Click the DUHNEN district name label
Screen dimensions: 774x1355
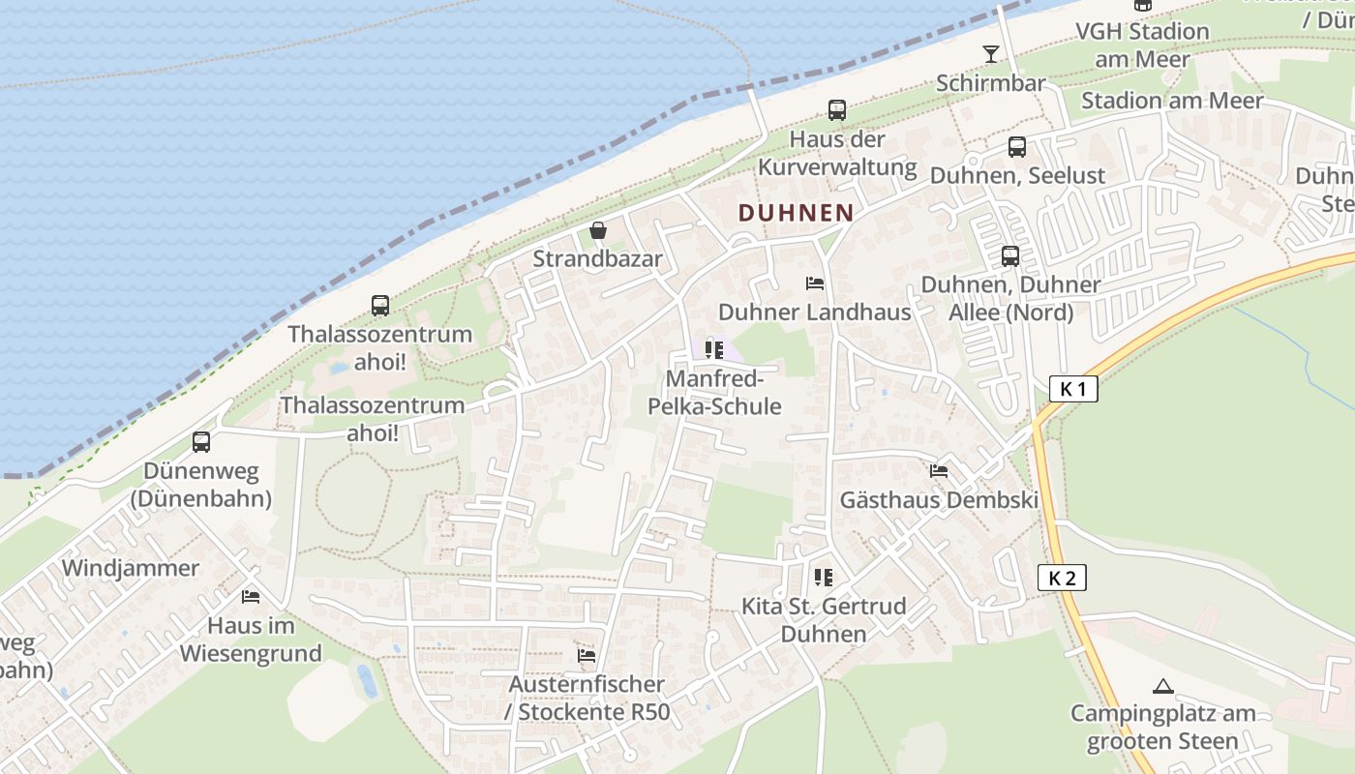point(796,213)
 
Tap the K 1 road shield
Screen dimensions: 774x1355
point(1073,390)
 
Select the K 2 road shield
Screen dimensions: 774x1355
point(1062,579)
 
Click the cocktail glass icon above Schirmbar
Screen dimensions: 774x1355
point(991,53)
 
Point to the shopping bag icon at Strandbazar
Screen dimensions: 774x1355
point(598,231)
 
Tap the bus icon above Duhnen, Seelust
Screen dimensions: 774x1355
point(1016,147)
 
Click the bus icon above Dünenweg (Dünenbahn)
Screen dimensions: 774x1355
point(201,442)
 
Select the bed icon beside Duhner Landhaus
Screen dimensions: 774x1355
point(815,283)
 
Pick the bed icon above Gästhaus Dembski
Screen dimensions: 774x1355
point(938,471)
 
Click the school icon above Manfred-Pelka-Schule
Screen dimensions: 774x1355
point(714,349)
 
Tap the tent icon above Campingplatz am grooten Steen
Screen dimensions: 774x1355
point(1163,687)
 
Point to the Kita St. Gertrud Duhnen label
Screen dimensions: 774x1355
point(824,620)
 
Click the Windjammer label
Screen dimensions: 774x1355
point(131,568)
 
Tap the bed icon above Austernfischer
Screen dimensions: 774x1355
point(587,655)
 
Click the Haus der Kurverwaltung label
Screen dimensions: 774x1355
point(837,153)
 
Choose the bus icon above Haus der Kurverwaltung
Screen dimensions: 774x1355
point(837,110)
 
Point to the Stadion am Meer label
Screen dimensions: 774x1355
point(1172,101)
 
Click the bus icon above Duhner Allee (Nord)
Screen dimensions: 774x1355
point(1010,256)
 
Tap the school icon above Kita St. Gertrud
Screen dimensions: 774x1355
point(824,578)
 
